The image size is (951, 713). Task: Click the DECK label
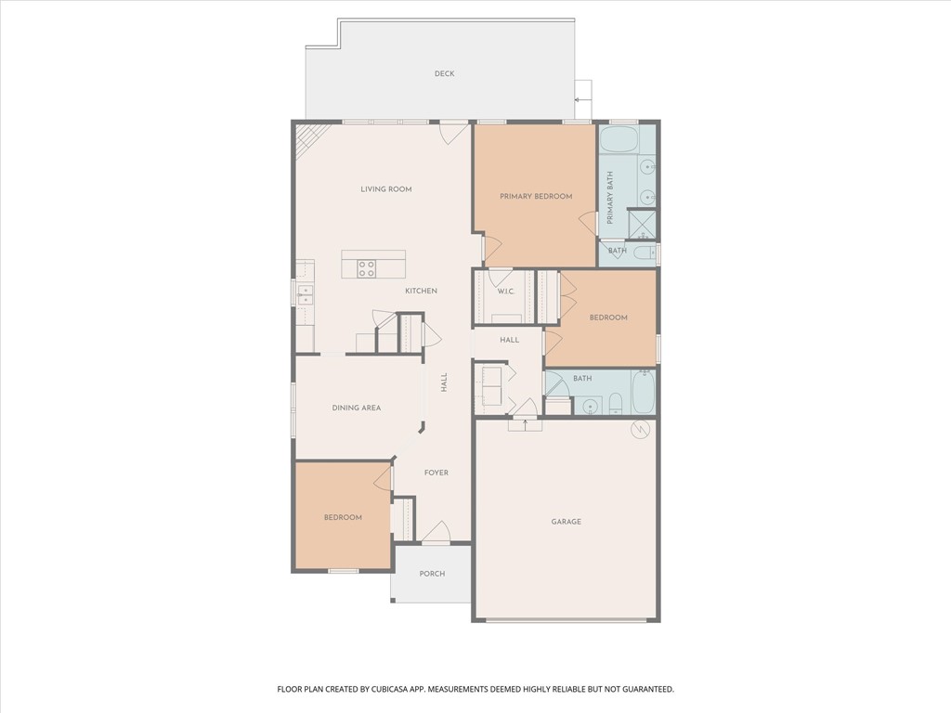(x=444, y=73)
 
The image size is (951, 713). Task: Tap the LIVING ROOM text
(x=385, y=189)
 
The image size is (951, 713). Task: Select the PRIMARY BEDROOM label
(x=535, y=196)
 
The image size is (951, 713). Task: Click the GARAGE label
(x=566, y=522)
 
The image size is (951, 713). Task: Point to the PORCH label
(x=432, y=574)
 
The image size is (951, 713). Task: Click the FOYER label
(x=436, y=473)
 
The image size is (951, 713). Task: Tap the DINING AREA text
(x=357, y=408)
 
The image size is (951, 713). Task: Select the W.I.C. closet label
(x=505, y=292)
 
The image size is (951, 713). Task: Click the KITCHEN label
(x=420, y=292)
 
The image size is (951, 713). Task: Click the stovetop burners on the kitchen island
(x=367, y=268)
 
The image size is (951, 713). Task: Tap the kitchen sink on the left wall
(x=305, y=294)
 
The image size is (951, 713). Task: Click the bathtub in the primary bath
(x=619, y=140)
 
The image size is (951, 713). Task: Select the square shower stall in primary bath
(x=642, y=225)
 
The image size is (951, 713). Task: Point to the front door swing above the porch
(x=436, y=533)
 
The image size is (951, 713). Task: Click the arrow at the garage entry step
(x=525, y=424)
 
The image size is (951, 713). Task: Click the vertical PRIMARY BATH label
(x=610, y=197)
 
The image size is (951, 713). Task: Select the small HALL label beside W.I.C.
(x=509, y=340)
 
